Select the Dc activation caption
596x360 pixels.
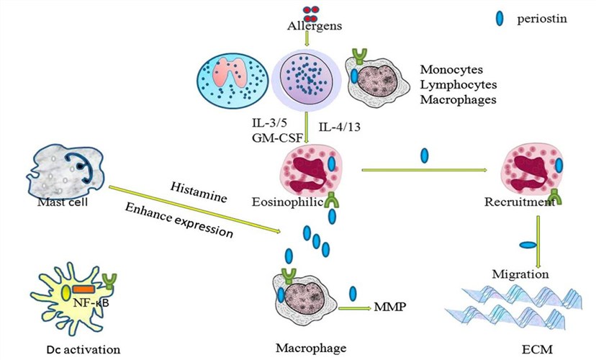click(80, 349)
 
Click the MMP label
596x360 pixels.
click(389, 307)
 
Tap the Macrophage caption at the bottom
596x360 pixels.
click(311, 348)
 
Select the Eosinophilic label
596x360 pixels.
click(283, 203)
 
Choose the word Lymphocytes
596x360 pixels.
click(456, 84)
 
